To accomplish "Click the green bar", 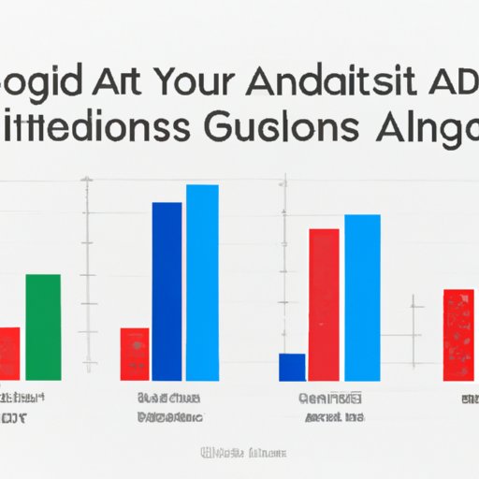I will pos(42,327).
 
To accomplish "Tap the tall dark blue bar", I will pos(167,291).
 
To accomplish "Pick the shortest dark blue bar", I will pos(292,367).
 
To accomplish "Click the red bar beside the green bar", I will pos(9,353).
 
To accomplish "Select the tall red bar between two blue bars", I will pos(324,304).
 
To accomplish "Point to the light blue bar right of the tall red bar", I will pos(362,298).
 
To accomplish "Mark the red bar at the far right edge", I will pos(458,334).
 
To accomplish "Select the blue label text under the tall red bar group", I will pos(331,405).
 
